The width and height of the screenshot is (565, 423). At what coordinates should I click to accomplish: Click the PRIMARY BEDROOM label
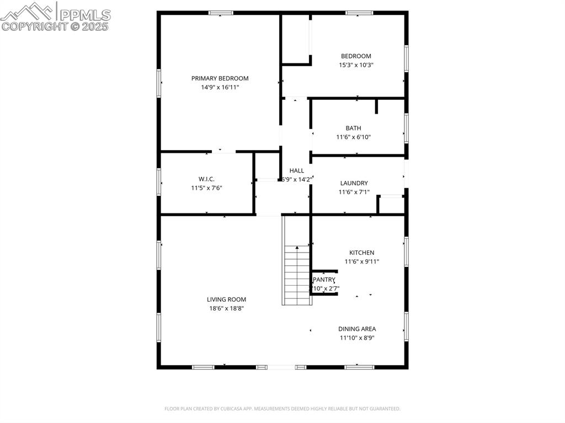(220, 78)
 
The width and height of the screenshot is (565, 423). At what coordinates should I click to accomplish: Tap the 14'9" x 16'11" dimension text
(220, 87)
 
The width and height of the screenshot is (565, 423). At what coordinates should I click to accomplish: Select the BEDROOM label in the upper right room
(356, 56)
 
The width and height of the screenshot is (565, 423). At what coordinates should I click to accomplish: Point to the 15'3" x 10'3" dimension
(356, 65)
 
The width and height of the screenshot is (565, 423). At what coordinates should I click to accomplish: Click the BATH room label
(354, 128)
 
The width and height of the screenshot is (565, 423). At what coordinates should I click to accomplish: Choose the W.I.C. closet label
(206, 179)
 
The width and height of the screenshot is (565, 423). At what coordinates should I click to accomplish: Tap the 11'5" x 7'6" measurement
(206, 188)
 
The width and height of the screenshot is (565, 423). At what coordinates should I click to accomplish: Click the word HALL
(297, 170)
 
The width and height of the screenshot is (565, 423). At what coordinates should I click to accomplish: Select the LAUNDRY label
(354, 183)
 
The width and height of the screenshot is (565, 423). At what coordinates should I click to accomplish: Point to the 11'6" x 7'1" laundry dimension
(354, 192)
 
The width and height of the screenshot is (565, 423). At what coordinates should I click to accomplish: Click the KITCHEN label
(362, 253)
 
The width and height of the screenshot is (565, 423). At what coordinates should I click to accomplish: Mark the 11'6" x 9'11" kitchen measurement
(362, 261)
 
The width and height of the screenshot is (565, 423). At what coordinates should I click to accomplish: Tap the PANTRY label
(324, 280)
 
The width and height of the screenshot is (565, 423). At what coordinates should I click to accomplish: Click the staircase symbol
(297, 274)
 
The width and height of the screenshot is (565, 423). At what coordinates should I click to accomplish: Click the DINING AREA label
(357, 329)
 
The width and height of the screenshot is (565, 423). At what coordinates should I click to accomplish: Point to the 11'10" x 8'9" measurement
(357, 338)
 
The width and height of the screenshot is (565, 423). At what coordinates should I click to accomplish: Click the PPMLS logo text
(84, 14)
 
